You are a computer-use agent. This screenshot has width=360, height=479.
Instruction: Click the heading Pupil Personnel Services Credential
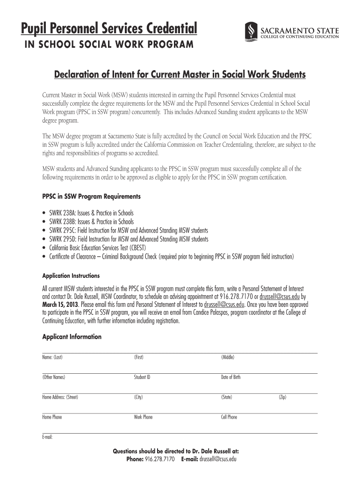pyautogui.click(x=108, y=29)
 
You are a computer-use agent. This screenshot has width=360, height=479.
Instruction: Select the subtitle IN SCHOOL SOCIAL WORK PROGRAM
pyautogui.click(x=106, y=45)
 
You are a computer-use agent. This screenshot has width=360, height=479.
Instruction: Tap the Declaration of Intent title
pyautogui.click(x=180, y=74)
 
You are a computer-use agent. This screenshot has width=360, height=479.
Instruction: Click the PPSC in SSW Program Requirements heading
pyautogui.click(x=91, y=196)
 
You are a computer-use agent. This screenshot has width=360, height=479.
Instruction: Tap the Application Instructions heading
pyautogui.click(x=71, y=276)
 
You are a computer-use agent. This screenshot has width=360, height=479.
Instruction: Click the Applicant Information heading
pyautogui.click(x=72, y=337)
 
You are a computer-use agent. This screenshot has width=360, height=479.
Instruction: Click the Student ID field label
pyautogui.click(x=142, y=377)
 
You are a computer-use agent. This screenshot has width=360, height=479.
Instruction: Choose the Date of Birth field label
pyautogui.click(x=230, y=377)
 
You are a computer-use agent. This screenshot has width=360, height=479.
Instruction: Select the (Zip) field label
pyautogui.click(x=282, y=397)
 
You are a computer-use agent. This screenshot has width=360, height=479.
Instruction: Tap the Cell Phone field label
pyautogui.click(x=229, y=417)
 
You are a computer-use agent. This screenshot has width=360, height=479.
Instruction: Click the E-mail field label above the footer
pyautogui.click(x=47, y=437)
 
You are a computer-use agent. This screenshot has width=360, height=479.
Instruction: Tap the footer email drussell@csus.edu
pyautogui.click(x=218, y=459)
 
